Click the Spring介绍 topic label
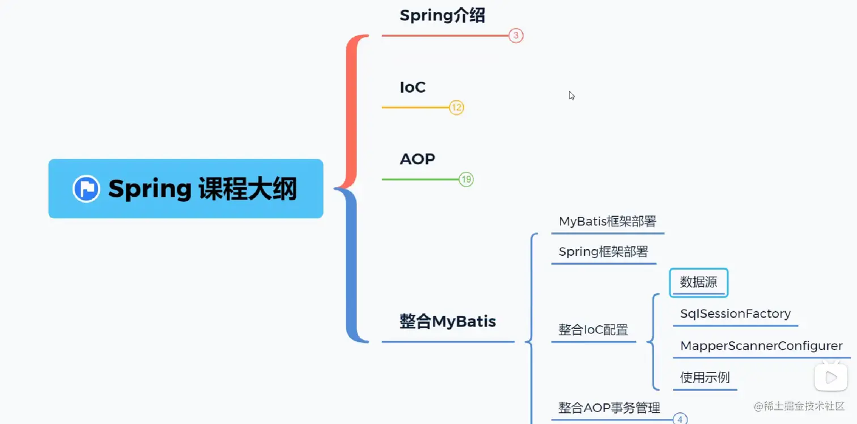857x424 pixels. tap(442, 16)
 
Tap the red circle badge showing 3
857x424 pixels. tap(515, 36)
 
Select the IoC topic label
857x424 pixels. tap(412, 88)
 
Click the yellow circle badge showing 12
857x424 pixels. tap(456, 107)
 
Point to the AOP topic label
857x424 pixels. tap(417, 159)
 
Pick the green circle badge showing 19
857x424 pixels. tap(466, 180)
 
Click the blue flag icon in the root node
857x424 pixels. tap(86, 189)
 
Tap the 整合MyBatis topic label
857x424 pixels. tap(447, 322)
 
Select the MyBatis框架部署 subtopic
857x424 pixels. tap(607, 222)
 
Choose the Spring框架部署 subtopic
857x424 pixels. tap(603, 252)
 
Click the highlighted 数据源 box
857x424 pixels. tap(698, 283)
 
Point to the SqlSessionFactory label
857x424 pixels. tap(735, 314)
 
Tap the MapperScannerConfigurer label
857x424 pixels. tap(761, 346)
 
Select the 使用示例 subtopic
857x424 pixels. tap(705, 378)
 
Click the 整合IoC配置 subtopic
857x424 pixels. tap(593, 330)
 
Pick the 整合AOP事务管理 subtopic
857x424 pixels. tap(609, 408)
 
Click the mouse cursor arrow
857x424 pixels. tap(571, 95)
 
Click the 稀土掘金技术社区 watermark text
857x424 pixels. tap(804, 406)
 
